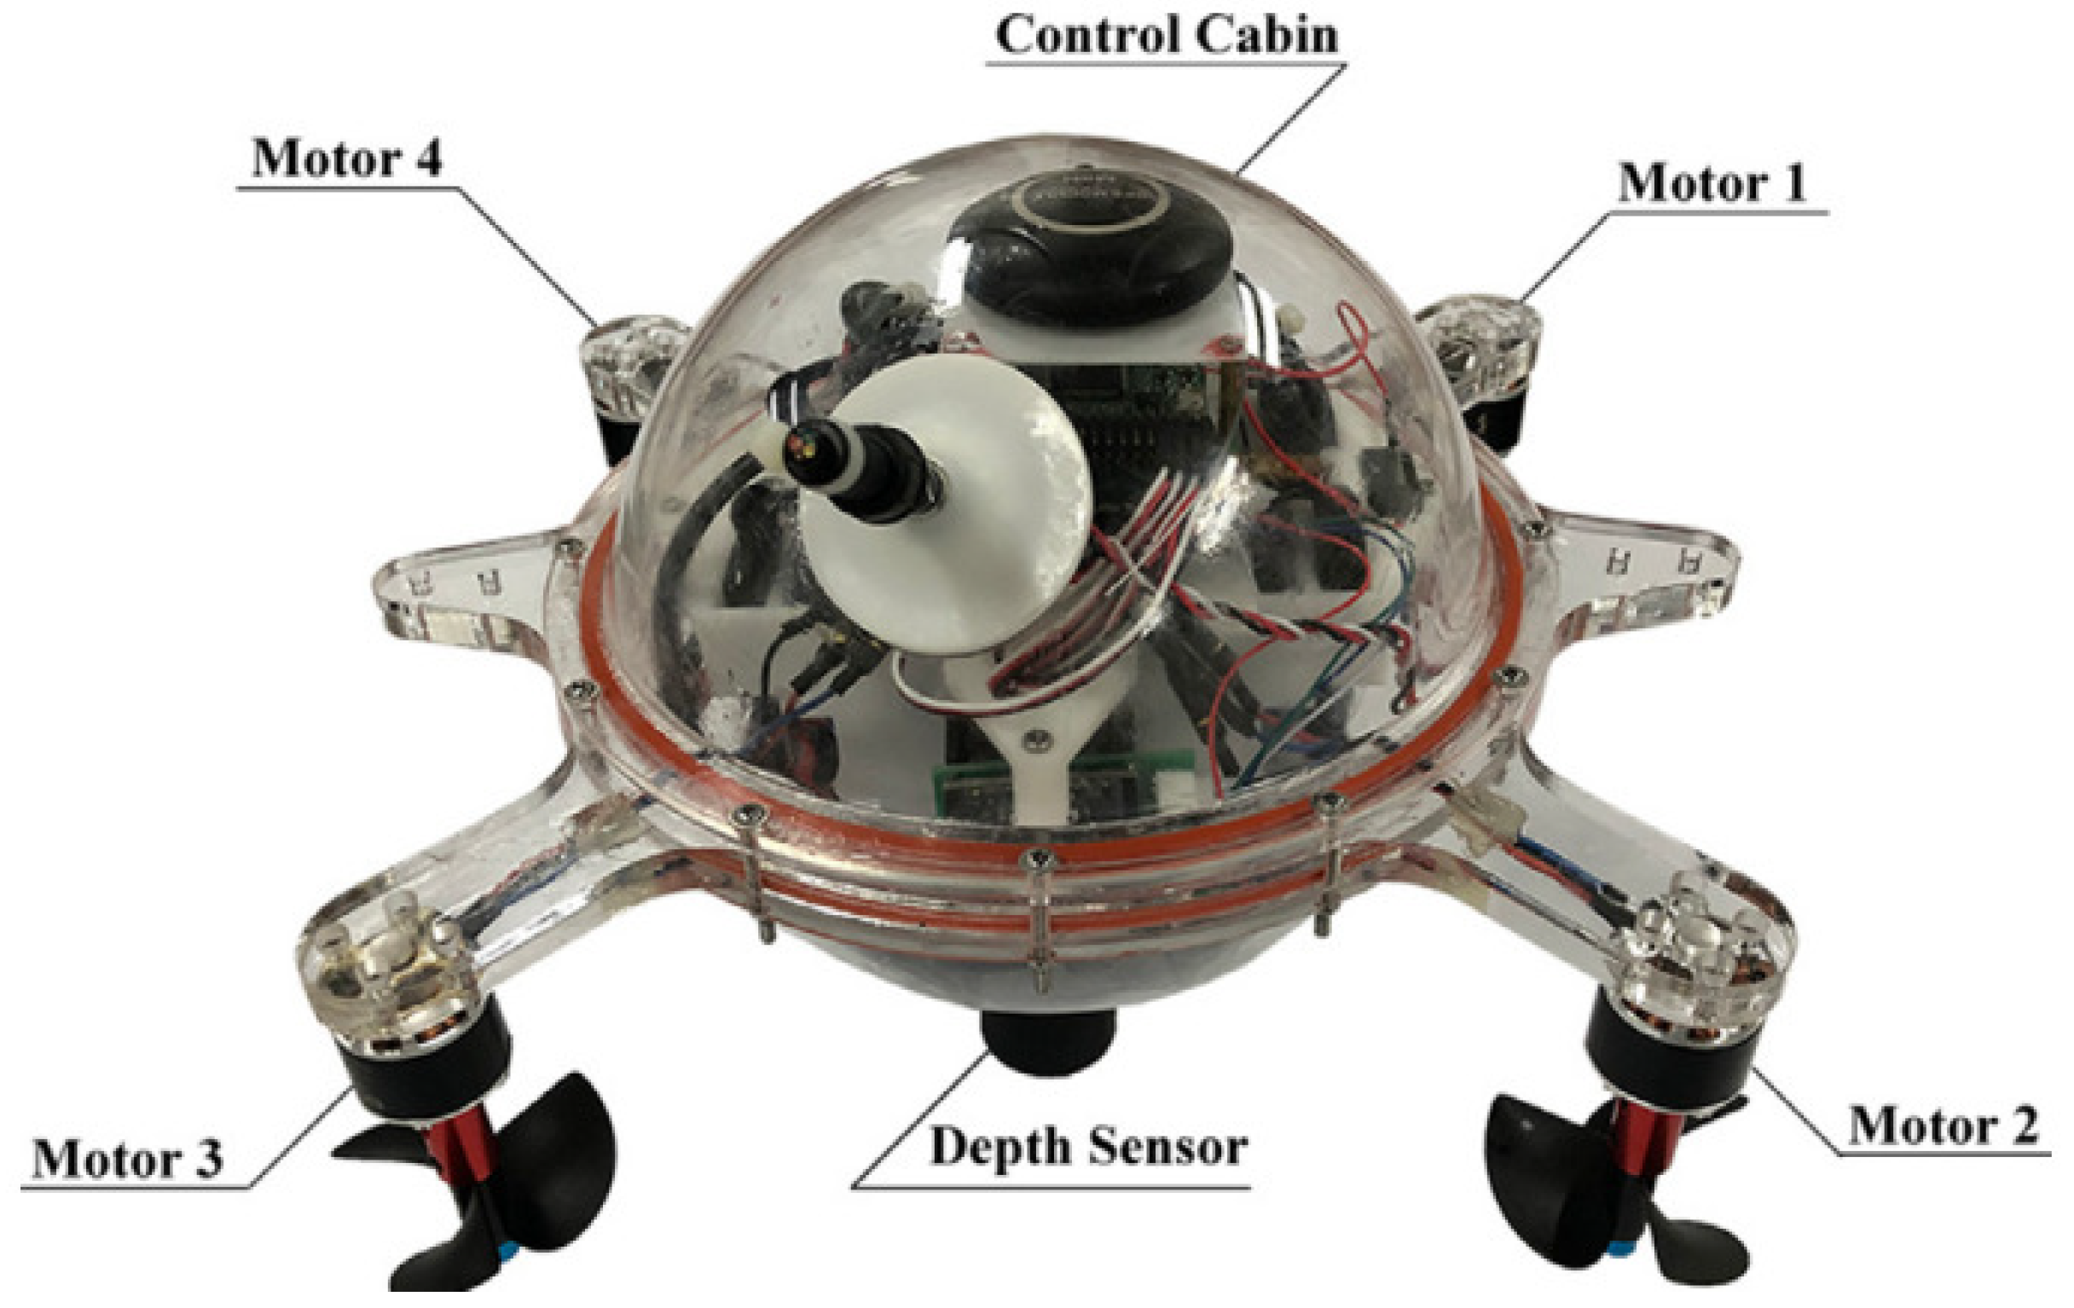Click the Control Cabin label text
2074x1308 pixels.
click(x=1167, y=35)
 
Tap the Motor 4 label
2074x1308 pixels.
click(x=346, y=159)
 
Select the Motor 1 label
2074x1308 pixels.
click(x=1712, y=182)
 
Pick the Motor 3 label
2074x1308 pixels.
click(x=127, y=1158)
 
